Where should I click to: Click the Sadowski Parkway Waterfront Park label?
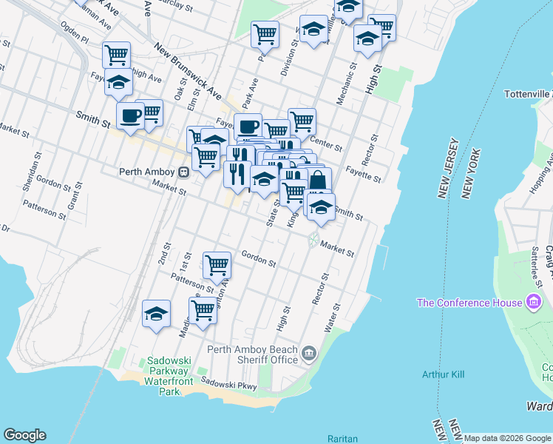[x=169, y=376]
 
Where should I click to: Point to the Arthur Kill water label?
[x=444, y=374]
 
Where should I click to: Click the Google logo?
[x=24, y=435]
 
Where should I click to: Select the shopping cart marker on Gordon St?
[x=217, y=264]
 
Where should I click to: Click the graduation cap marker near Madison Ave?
[x=156, y=314]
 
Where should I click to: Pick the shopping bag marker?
[x=318, y=181]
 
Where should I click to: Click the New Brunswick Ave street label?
[x=189, y=71]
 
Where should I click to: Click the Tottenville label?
[x=527, y=94]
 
